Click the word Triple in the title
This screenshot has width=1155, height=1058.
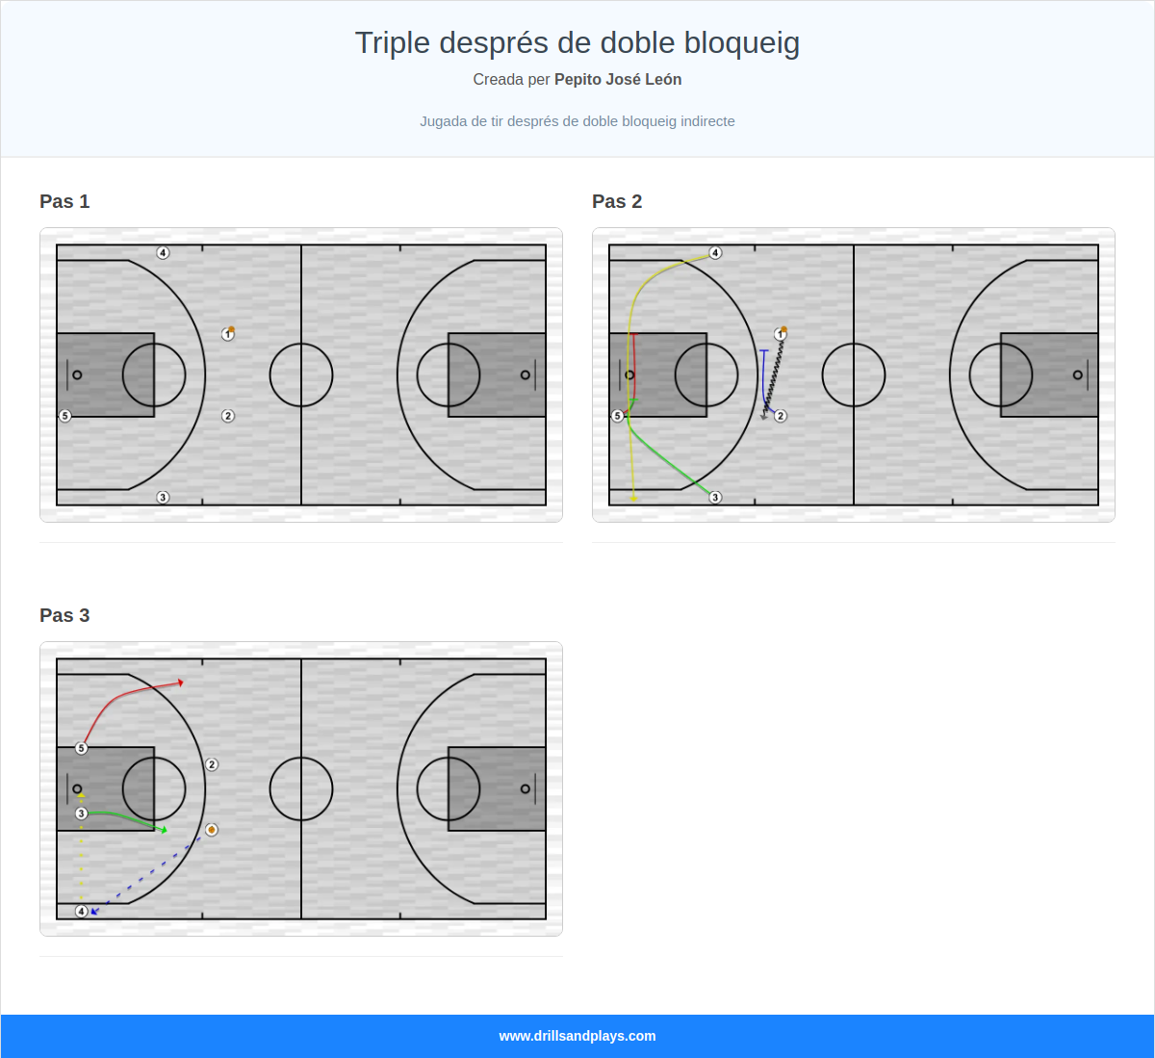[x=392, y=43]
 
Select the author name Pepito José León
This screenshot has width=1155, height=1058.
[x=618, y=80]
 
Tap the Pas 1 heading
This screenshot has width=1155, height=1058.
[x=64, y=201]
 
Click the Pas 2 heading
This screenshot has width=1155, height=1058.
[x=617, y=201]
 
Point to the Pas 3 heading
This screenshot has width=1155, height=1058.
[x=64, y=615]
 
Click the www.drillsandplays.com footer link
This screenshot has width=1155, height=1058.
[x=577, y=1036]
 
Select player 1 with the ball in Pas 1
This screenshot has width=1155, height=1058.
[x=228, y=334]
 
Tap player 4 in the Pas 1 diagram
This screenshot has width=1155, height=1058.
[x=163, y=253]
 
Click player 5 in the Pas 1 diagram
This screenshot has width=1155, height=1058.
[x=65, y=416]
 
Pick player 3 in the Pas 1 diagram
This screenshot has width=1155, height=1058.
[x=163, y=498]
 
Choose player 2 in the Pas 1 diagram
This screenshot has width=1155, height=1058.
[x=228, y=416]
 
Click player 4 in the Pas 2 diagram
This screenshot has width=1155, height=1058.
[x=715, y=253]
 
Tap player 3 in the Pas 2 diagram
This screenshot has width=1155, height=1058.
[x=715, y=498]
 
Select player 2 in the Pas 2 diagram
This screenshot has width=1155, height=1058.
[x=781, y=416]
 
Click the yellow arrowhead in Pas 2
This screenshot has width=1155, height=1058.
[x=633, y=499]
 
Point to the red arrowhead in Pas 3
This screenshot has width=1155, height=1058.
[x=180, y=683]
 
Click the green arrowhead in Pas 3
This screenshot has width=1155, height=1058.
[x=165, y=830]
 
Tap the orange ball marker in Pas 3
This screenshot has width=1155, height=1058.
[x=212, y=830]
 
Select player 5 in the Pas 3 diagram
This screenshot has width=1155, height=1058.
[x=82, y=748]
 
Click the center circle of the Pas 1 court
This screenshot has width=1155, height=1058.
[x=301, y=374]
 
